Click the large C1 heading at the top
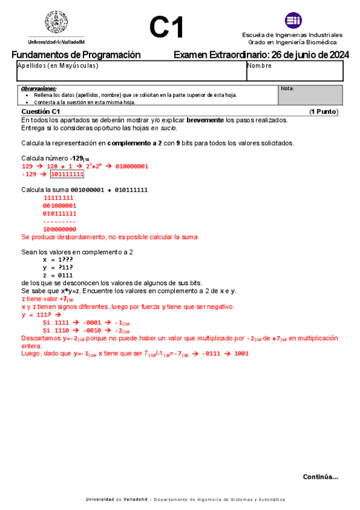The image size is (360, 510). [166, 27]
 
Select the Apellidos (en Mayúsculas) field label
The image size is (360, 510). [58, 66]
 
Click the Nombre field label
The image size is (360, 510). [260, 66]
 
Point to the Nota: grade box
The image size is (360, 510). [310, 95]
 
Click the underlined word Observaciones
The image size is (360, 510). [38, 88]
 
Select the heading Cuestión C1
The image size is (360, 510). [40, 112]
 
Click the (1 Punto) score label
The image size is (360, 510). [324, 112]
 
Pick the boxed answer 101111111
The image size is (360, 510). [67, 174]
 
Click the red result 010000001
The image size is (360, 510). [132, 166]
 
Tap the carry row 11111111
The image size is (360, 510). [59, 198]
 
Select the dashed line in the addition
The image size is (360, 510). [59, 221]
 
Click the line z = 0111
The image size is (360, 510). [58, 275]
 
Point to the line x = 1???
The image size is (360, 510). [58, 259]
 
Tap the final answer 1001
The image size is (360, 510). [241, 354]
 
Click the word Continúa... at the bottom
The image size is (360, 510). [320, 476]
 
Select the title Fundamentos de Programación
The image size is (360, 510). [76, 55]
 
